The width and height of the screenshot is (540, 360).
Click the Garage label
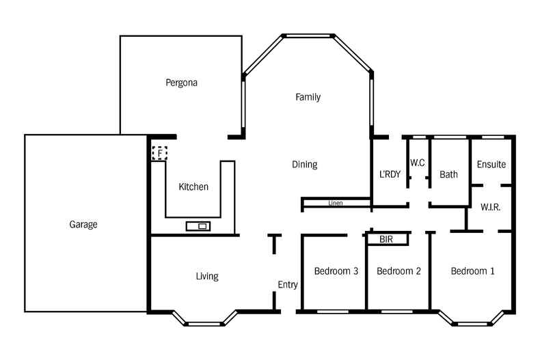(83, 224)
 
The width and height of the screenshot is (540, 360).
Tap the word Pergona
(181, 83)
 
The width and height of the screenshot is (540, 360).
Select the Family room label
(308, 97)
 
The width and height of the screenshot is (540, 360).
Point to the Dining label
(304, 165)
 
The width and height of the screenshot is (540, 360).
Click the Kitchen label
(193, 186)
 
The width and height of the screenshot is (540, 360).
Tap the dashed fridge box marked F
(159, 153)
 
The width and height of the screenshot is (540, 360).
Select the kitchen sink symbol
(198, 226)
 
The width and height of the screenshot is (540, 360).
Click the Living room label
(207, 276)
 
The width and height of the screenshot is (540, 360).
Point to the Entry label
(288, 285)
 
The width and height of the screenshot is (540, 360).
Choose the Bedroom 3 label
(336, 271)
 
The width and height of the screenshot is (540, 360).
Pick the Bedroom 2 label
(399, 271)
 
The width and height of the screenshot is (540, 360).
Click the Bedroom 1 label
(472, 271)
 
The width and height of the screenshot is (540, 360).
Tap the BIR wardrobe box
(387, 240)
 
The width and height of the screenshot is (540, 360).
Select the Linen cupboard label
(335, 203)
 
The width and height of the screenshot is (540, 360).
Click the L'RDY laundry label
(390, 174)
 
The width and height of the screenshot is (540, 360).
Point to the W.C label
(418, 163)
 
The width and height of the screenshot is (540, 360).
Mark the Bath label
(448, 174)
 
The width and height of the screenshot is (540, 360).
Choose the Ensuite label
(491, 165)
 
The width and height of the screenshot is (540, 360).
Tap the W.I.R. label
(490, 206)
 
